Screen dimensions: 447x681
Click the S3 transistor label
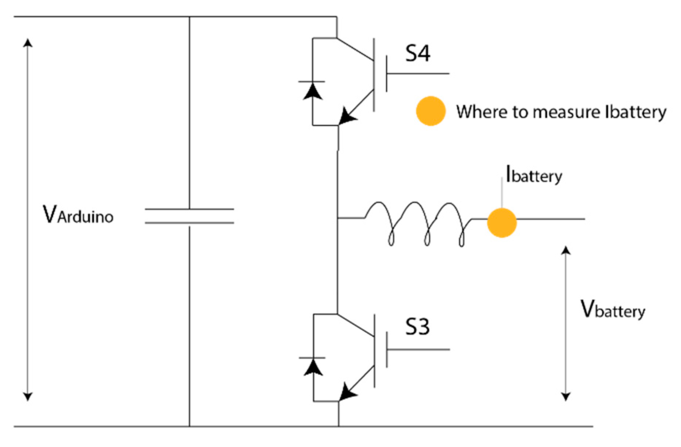tap(417, 326)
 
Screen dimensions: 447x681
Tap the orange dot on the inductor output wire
tap(502, 223)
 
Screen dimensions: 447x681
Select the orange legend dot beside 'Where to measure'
tap(431, 111)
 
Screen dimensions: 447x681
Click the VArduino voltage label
tap(78, 215)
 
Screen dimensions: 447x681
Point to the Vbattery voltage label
tap(612, 310)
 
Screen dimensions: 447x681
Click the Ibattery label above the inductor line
tap(534, 175)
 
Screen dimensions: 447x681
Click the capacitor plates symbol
tap(189, 216)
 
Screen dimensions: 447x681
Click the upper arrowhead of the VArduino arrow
tap(27, 43)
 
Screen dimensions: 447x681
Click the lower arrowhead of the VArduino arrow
tap(27, 396)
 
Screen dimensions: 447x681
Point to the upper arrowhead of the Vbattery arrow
tap(566, 250)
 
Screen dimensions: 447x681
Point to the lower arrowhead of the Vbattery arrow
tap(566, 396)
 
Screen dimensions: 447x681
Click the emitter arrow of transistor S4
tap(346, 117)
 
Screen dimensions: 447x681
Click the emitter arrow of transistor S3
tap(347, 393)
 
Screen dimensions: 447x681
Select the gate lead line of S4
tap(418, 74)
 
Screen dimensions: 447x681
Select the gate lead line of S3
tap(418, 350)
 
